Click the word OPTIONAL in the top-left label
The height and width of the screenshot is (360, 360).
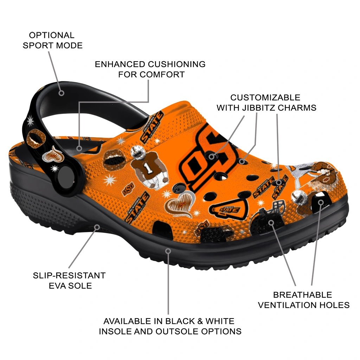pos(52,35)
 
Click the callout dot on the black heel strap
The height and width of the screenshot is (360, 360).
pos(62,93)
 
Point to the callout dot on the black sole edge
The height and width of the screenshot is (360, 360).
pos(168,251)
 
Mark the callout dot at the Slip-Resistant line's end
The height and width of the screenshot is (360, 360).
pos(97,227)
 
